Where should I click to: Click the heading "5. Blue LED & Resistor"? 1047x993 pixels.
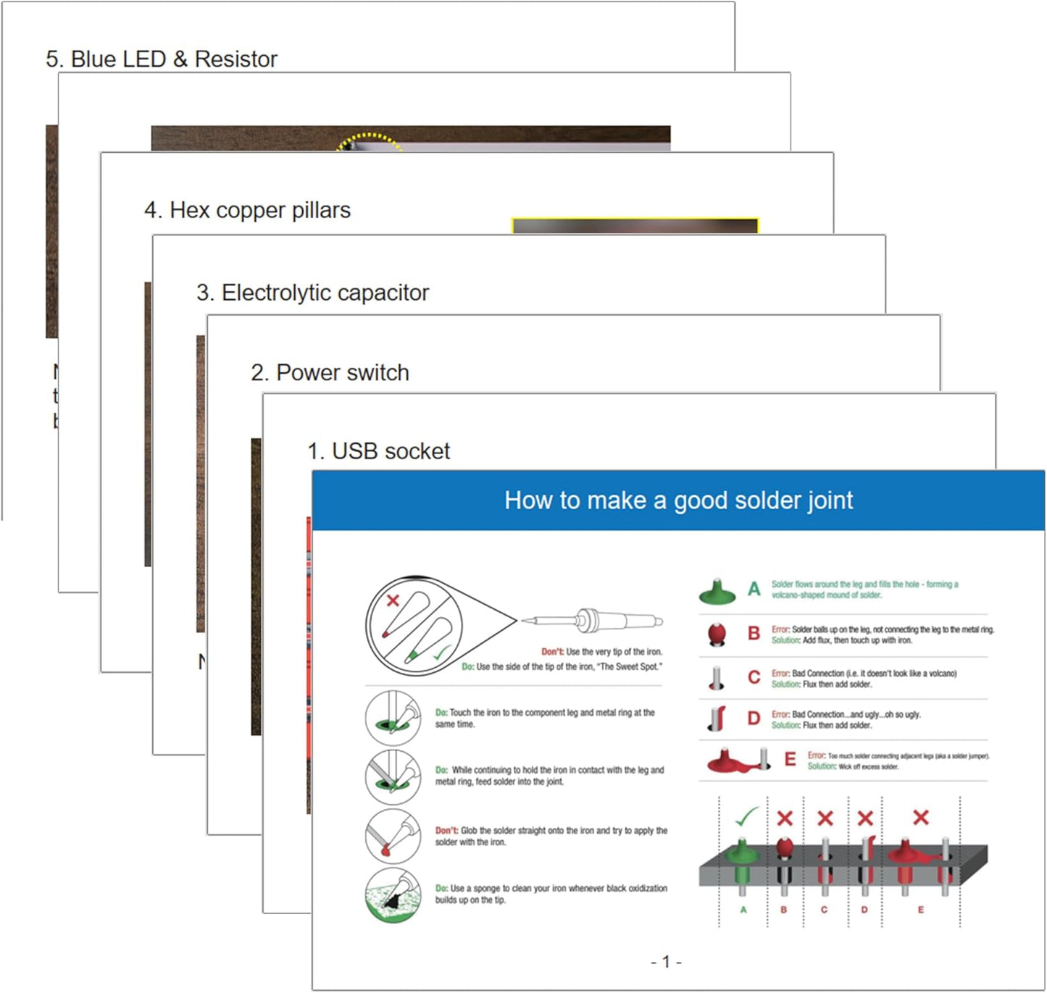point(161,59)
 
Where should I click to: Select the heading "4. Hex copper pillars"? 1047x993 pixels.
point(247,210)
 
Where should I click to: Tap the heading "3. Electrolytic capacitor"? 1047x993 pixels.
point(312,293)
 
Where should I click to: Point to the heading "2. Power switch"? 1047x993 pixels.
point(330,372)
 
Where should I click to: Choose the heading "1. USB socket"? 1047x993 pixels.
point(378,451)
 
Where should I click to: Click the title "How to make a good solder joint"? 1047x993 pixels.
point(678,500)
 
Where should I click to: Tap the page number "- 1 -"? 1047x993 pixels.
point(666,962)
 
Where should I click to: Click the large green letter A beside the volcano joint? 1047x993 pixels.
point(754,589)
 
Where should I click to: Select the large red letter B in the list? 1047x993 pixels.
point(754,634)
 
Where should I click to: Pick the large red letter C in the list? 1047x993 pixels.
point(754,677)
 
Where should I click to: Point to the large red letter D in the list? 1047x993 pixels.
point(754,718)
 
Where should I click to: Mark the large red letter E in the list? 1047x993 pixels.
point(790,759)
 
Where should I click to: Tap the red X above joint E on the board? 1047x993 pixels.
point(921,818)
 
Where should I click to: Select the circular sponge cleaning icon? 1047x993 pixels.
point(393,895)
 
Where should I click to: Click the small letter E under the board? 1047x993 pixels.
point(921,910)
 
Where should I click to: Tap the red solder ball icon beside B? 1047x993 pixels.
point(717,634)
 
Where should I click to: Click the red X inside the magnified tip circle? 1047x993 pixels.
point(393,600)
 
